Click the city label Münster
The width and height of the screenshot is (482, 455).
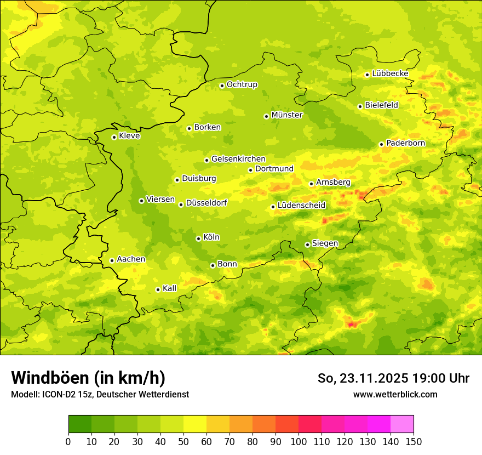click(x=286, y=115)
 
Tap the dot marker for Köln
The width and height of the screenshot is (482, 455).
click(x=198, y=238)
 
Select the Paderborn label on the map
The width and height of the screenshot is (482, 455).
click(x=405, y=143)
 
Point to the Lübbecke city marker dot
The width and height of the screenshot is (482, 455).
click(x=367, y=75)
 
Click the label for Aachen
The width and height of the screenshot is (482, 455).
click(x=131, y=259)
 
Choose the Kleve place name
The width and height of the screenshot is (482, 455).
click(x=129, y=136)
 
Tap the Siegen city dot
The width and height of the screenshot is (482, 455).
click(x=307, y=244)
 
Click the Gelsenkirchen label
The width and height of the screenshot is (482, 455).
click(x=238, y=159)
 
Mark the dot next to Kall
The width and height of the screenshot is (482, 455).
click(x=158, y=289)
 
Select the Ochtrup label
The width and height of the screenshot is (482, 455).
click(x=242, y=84)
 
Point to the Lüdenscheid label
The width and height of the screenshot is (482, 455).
click(x=301, y=206)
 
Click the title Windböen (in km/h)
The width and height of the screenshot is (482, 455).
click(x=88, y=378)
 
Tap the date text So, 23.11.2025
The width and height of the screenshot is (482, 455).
click(x=363, y=378)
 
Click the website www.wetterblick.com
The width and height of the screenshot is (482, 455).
click(x=395, y=394)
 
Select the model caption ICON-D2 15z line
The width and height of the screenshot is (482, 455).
click(x=100, y=394)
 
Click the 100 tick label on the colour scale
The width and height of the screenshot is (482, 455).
click(x=298, y=441)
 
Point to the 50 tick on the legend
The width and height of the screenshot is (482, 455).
click(x=183, y=441)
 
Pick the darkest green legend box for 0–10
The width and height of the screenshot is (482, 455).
click(x=80, y=424)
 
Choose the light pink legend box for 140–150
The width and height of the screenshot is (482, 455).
click(x=401, y=424)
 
